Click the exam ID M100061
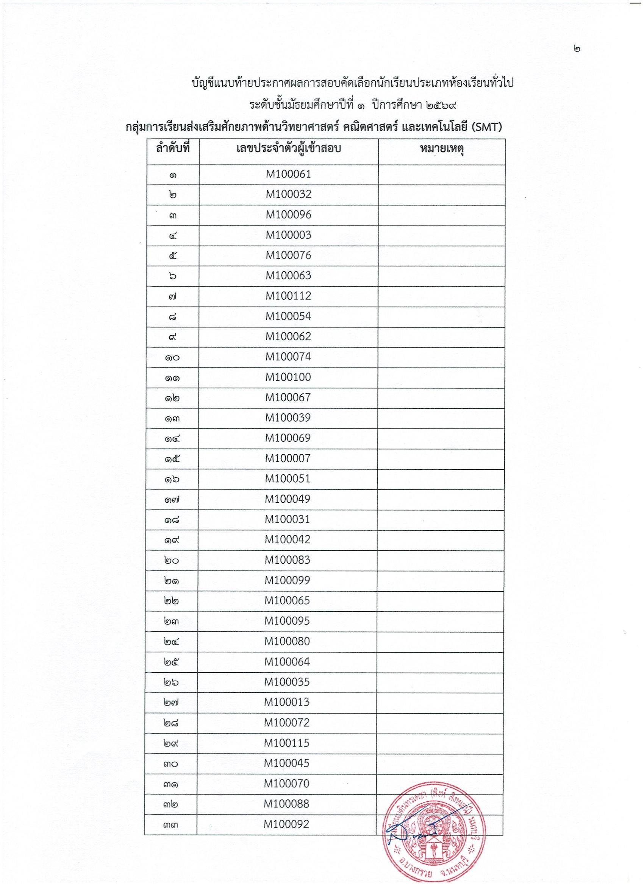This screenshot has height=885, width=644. (288, 174)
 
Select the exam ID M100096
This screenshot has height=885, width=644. (288, 215)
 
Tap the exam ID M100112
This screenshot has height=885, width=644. (288, 296)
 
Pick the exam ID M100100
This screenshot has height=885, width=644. (288, 377)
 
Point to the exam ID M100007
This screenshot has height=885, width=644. (288, 458)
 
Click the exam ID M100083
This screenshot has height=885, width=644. (288, 559)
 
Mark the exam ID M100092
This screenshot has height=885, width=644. (286, 824)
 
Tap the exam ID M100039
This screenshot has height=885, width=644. (288, 418)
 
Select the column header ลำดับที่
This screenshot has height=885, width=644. (173, 150)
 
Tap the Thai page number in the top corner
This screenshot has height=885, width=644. (577, 49)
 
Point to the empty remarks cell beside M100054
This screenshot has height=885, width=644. (441, 316)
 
